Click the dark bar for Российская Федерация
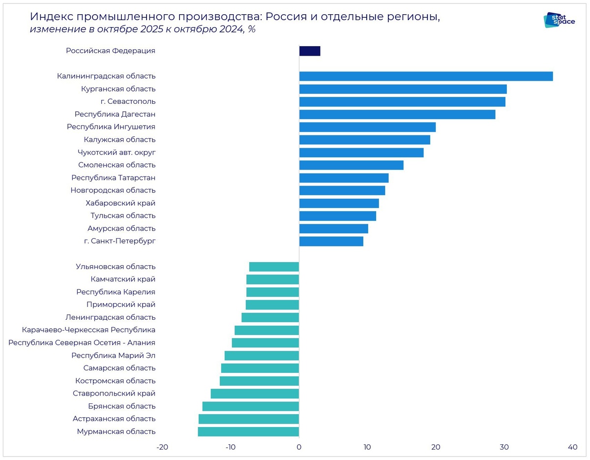310,51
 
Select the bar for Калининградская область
426,76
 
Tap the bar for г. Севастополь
402,102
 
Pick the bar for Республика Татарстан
344,178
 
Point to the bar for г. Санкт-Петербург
331,241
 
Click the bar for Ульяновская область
274,267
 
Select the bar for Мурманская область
248,431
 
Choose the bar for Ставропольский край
255,394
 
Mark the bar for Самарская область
260,368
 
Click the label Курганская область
118,89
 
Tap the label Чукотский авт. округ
117,153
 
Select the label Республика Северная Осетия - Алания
82,343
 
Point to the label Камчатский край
123,279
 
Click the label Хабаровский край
120,203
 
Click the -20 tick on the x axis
162,447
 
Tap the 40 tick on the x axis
572,447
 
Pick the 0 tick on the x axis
299,447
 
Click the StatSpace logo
559,20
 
